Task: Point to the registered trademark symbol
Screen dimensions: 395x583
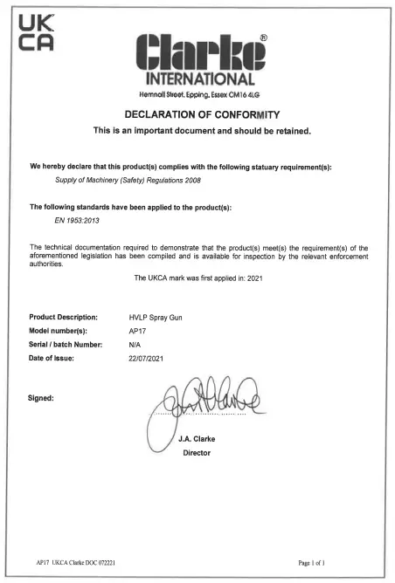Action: pyautogui.click(x=264, y=38)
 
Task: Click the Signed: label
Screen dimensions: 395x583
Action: pyautogui.click(x=42, y=399)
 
